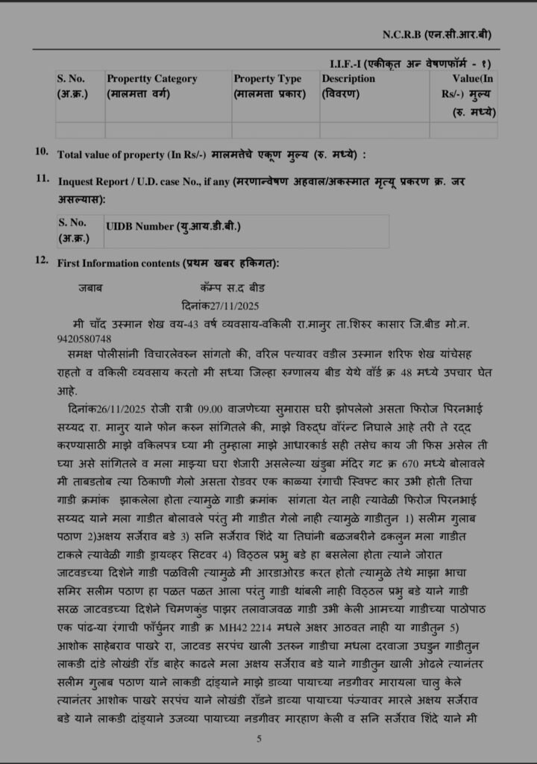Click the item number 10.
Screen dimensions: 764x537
42,152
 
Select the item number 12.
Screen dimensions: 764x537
42,260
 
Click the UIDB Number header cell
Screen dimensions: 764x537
174,225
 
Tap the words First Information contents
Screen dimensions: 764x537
119,263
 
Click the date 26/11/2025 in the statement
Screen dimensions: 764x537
122,408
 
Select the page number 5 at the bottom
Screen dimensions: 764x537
260,739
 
